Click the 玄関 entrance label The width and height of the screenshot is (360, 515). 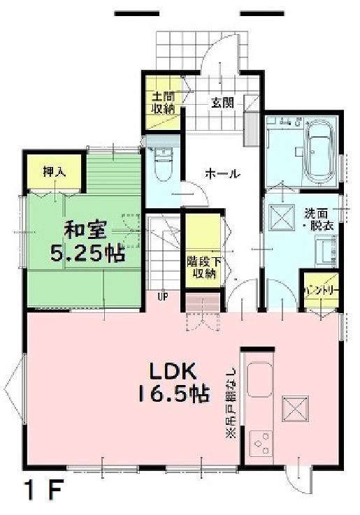[x=223, y=102]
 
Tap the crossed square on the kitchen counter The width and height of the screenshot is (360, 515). [x=294, y=407]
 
